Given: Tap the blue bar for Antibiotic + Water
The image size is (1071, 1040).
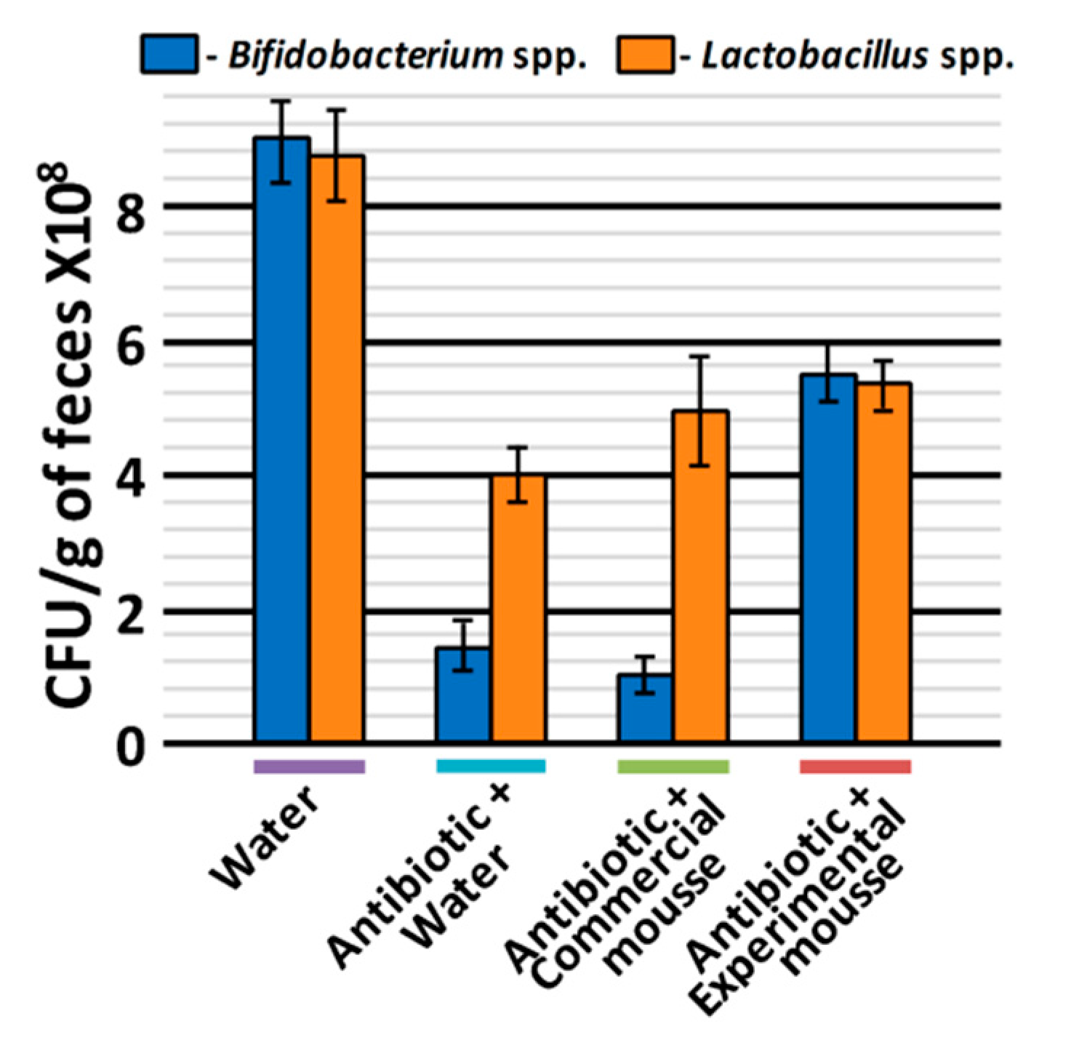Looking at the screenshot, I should [x=463, y=695].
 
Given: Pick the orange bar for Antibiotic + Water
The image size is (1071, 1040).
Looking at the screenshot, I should [x=518, y=608].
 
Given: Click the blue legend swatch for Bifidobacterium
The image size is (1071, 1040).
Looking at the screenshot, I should [x=169, y=54].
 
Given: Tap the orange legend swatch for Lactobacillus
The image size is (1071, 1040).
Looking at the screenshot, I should [x=645, y=54].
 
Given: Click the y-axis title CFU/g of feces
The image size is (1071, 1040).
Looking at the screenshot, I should [x=69, y=436].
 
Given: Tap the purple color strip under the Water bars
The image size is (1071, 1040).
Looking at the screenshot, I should [x=309, y=767].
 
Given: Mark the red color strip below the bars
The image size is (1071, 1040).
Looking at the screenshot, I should [x=855, y=767].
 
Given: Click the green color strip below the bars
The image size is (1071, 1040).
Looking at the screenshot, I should [x=673, y=767].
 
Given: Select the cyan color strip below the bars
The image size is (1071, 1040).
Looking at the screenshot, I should [x=491, y=767].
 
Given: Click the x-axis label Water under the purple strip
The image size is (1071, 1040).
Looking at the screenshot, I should [x=266, y=840].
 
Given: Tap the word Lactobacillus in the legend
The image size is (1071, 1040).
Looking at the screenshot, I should [x=814, y=55].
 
